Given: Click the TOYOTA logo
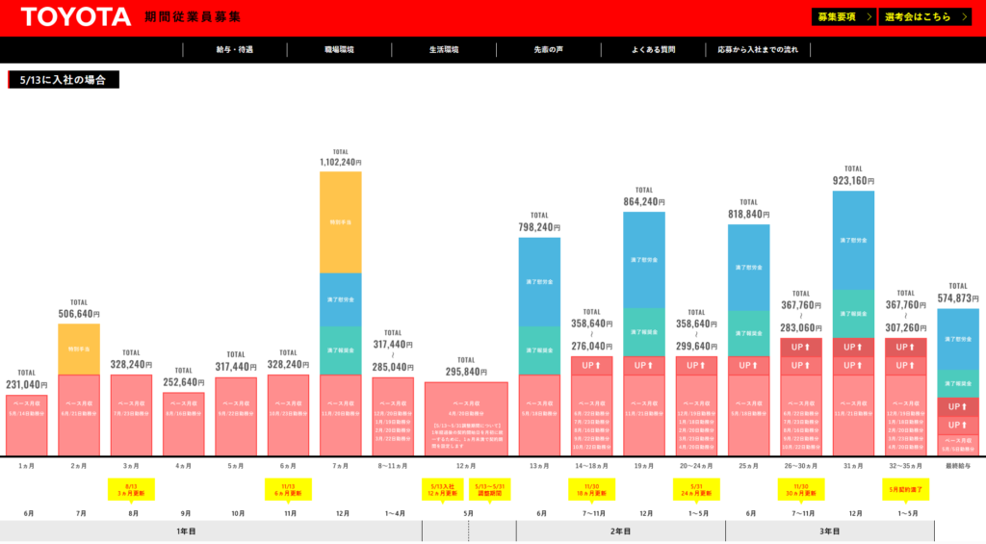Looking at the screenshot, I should point(76,17).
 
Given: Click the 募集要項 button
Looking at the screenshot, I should point(843,17).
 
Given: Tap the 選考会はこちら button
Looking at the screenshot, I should point(923,17).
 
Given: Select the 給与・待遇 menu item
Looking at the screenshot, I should point(235,49).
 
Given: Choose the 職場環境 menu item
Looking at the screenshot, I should point(339,49).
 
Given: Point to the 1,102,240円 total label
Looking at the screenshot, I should point(341,163).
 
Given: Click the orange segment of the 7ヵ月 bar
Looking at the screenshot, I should point(341,221).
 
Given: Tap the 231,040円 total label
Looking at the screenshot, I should point(27,384).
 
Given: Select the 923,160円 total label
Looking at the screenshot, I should point(853,180).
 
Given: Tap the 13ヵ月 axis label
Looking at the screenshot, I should point(539,466).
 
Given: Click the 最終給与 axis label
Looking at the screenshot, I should point(958,466).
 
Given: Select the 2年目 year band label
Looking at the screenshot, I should point(621,531).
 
